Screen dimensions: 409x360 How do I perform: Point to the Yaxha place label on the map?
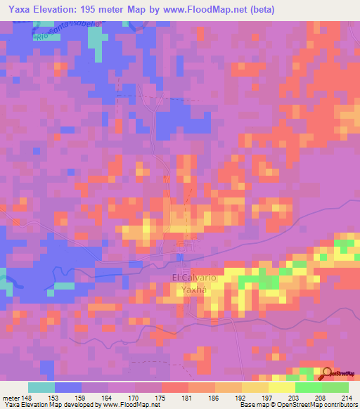click(x=191, y=290)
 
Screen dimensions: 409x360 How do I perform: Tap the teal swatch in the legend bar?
click(x=41, y=387)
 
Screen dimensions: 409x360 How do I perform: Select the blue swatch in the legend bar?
click(x=68, y=387)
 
